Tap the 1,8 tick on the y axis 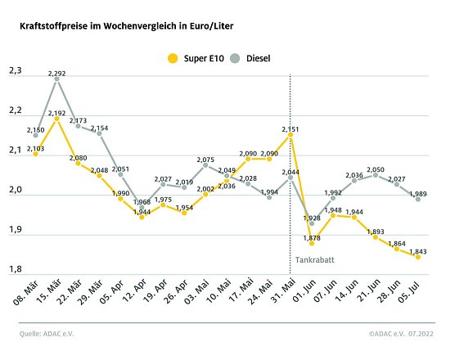(16, 270)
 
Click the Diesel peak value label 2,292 (57, 74)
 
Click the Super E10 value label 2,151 (291, 129)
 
